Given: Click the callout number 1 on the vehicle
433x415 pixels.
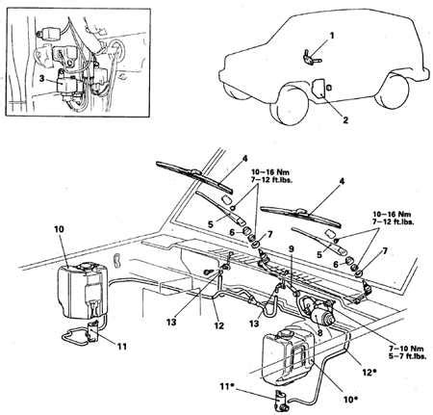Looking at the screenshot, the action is click(x=332, y=36).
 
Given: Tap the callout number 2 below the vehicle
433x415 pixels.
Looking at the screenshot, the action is click(x=345, y=120).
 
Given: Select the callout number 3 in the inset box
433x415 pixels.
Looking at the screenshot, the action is click(x=42, y=78).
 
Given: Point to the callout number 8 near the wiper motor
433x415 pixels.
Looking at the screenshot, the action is click(x=319, y=333).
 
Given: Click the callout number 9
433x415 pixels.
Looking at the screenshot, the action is click(x=292, y=249).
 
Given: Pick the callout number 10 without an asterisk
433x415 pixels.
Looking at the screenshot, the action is click(x=59, y=229).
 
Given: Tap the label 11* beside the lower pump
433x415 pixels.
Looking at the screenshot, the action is click(x=227, y=386).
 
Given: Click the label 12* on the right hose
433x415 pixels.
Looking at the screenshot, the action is click(x=369, y=373).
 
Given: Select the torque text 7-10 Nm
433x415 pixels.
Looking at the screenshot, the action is click(x=406, y=349).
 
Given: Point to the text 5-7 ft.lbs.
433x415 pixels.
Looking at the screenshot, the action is click(x=408, y=356).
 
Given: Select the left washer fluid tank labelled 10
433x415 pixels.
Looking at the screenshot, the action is click(x=83, y=290).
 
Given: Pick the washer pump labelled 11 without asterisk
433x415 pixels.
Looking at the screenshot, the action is click(x=92, y=332).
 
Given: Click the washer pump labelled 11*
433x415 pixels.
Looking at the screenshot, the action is click(x=281, y=401).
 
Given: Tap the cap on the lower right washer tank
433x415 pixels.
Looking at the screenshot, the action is click(x=284, y=334).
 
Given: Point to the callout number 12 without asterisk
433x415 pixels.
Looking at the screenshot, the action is click(x=219, y=325).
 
